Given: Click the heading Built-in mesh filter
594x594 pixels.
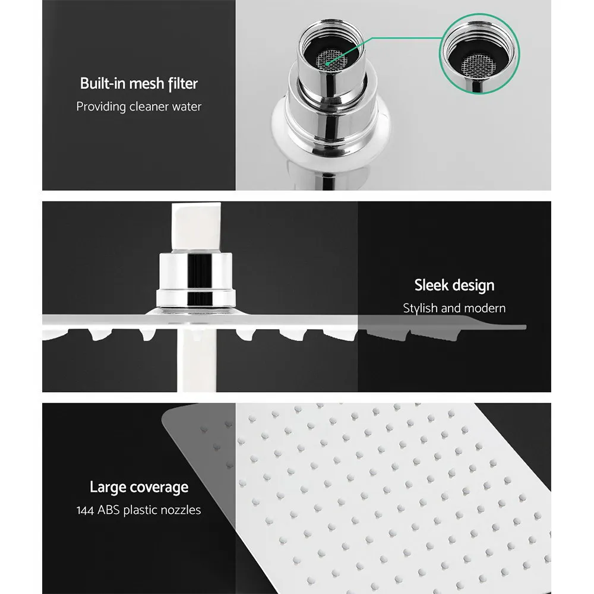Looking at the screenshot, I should pyautogui.click(x=138, y=84).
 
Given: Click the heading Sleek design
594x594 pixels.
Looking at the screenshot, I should pyautogui.click(x=454, y=285).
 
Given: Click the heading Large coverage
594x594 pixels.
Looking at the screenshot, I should pyautogui.click(x=138, y=488).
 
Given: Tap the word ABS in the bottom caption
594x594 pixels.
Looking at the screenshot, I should pyautogui.click(x=111, y=510).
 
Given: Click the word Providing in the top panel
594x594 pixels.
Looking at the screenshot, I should pyautogui.click(x=100, y=107).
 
